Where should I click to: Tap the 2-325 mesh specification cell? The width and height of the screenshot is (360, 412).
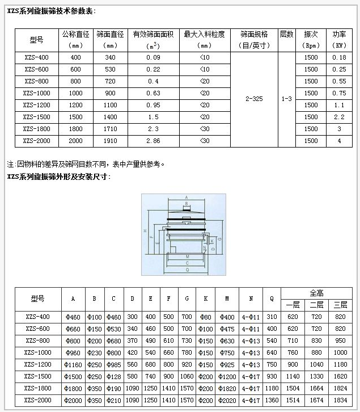pyautogui.click(x=254, y=99)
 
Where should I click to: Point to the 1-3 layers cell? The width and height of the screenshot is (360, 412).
pyautogui.click(x=287, y=99)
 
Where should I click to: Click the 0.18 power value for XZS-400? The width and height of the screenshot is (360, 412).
pyautogui.click(x=340, y=57)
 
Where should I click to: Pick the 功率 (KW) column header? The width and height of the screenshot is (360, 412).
pyautogui.click(x=340, y=39)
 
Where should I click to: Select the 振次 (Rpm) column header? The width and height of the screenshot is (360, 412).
pyautogui.click(x=311, y=39)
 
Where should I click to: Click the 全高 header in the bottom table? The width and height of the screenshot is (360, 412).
pyautogui.click(x=316, y=293)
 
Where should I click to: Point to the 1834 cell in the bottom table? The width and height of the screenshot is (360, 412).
pyautogui.click(x=340, y=400)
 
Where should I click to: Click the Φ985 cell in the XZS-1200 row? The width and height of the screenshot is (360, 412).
pyautogui.click(x=113, y=364)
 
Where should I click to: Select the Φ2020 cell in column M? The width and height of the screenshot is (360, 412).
pyautogui.click(x=227, y=400)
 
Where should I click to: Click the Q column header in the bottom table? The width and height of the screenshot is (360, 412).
pyautogui.click(x=272, y=299)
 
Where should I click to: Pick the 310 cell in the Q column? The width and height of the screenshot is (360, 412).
pyautogui.click(x=272, y=317)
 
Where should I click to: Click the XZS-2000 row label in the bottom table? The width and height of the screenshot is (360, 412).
pyautogui.click(x=37, y=400)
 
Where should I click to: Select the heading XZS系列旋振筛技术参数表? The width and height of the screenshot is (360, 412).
pyautogui.click(x=51, y=11)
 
